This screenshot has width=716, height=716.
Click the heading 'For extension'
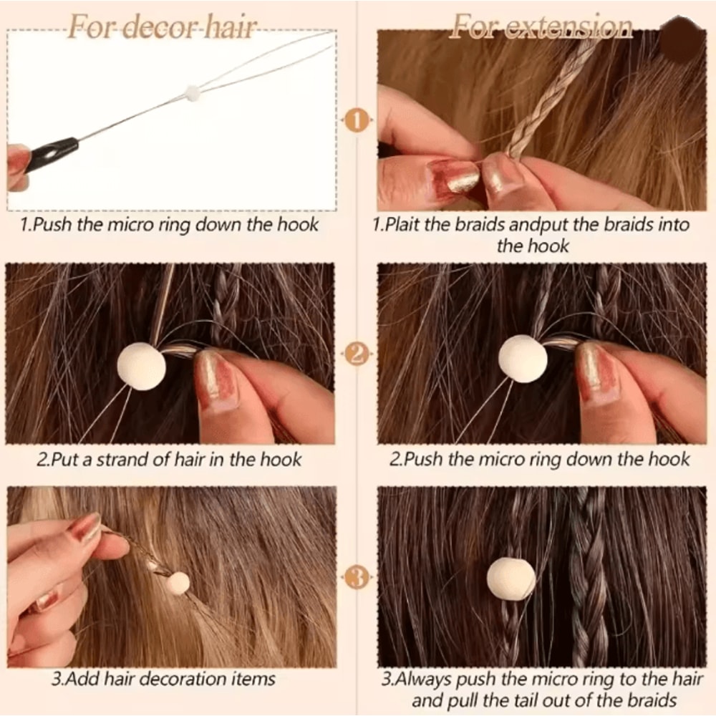(541, 28)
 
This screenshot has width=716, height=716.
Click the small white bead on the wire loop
(191, 92)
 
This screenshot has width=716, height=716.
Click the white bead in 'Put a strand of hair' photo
(141, 366)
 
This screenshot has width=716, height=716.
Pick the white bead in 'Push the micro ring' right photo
(523, 358)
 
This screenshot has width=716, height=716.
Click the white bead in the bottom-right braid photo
(511, 578)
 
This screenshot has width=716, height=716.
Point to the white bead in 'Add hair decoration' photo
(178, 584)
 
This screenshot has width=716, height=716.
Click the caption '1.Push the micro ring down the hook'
(169, 225)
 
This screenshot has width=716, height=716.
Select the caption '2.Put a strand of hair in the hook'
(169, 458)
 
